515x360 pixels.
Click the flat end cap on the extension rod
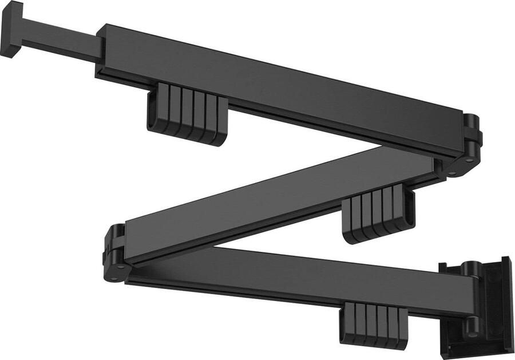pos(11,29)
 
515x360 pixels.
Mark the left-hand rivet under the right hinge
pos(453,172)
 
